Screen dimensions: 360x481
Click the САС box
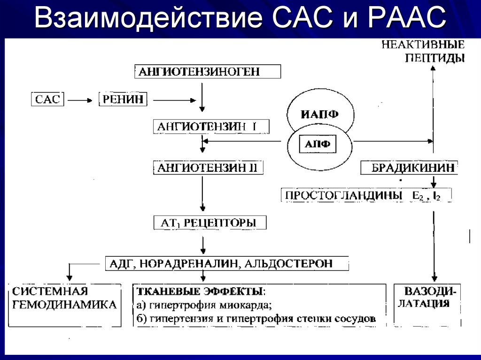click(48, 100)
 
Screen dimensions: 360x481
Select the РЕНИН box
click(123, 100)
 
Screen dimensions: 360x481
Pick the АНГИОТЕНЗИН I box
click(211, 126)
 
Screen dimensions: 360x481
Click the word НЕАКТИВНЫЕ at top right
click(422, 46)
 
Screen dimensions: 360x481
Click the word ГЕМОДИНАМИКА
click(64, 305)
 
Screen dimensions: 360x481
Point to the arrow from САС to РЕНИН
click(80, 100)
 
